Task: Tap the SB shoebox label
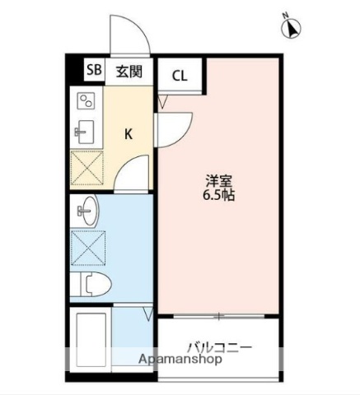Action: [93, 71]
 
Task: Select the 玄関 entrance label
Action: [129, 71]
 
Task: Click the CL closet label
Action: [180, 77]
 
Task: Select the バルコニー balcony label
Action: [218, 346]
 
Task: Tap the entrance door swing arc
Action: [129, 33]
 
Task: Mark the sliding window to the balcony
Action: [218, 316]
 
